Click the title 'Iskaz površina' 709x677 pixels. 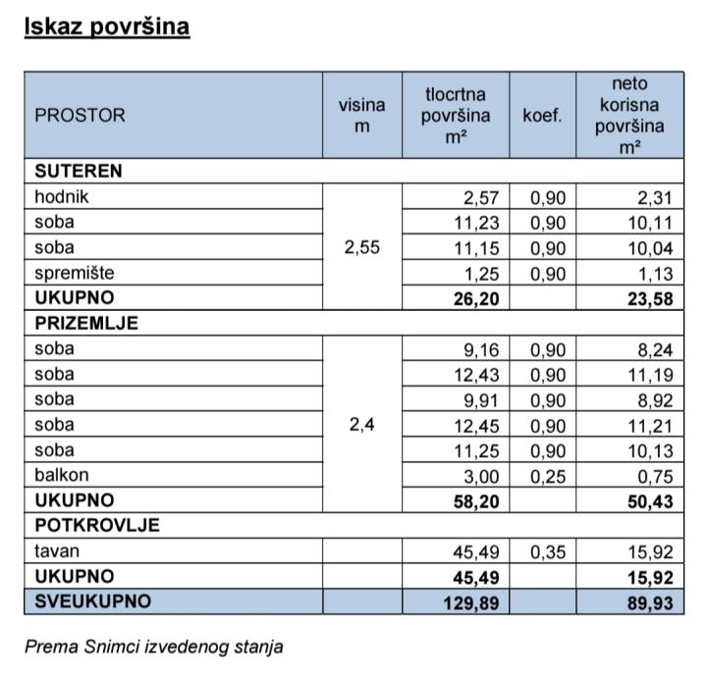[106, 26]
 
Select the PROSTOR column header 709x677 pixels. [81, 115]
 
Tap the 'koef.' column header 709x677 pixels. [542, 115]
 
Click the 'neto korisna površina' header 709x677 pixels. [629, 115]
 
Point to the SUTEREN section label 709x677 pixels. [79, 171]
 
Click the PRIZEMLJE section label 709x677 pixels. [86, 323]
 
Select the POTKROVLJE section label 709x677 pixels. [96, 525]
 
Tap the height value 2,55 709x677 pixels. [362, 247]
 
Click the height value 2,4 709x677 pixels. [362, 425]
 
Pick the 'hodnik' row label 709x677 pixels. [62, 196]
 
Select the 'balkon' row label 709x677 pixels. [61, 475]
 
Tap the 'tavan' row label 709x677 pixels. [57, 550]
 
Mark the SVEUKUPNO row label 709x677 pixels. [93, 601]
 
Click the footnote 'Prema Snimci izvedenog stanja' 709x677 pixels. [154, 647]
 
